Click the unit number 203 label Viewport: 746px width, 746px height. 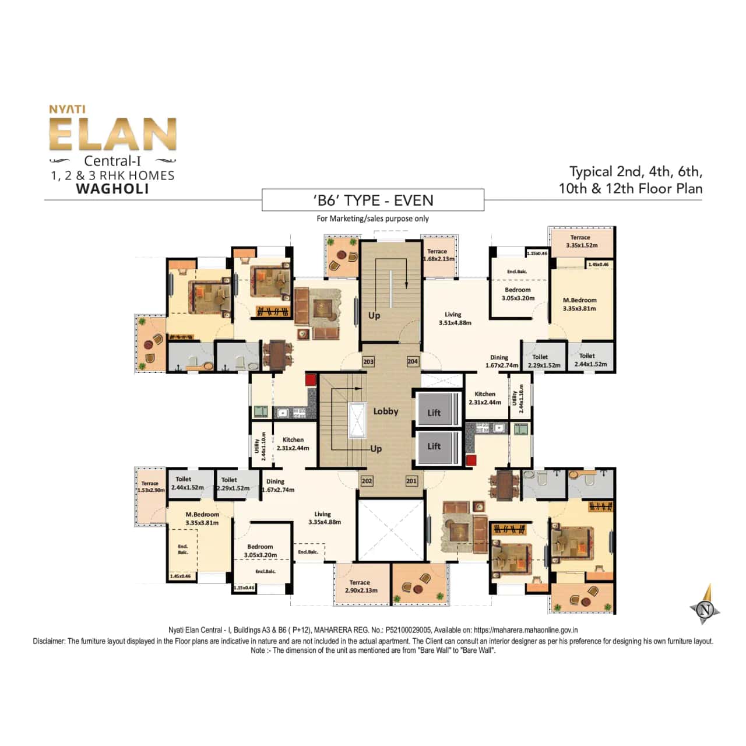368,362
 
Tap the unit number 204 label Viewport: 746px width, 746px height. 413,362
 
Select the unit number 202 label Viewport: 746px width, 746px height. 367,481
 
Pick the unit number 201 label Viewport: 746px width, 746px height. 411,481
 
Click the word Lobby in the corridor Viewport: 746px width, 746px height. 385,411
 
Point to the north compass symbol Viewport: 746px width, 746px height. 706,608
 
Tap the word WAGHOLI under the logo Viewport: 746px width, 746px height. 112,189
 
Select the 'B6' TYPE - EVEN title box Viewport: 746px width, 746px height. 373,200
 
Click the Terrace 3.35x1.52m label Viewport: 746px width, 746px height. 581,241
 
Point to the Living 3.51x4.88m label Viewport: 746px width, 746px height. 455,318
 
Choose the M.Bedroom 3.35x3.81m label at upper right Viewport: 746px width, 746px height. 579,304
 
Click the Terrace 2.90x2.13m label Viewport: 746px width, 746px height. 361,586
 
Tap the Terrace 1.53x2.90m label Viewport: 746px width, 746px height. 150,487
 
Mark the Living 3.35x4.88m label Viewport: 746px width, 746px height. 324,518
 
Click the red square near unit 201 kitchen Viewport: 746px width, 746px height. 471,460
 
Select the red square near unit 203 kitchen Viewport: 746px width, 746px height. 311,380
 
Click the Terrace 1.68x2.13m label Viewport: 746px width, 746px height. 438,255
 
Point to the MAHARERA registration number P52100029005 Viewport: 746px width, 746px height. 408,630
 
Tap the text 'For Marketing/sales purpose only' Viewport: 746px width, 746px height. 372,219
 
